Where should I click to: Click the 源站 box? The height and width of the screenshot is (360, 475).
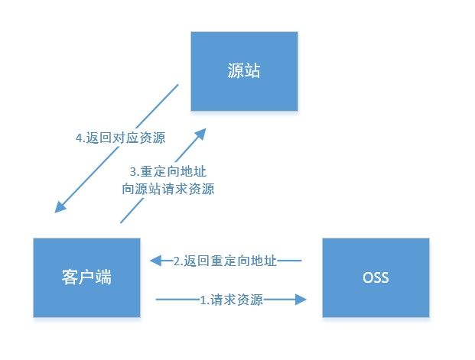click(244, 71)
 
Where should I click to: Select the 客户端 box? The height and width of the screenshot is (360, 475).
click(86, 277)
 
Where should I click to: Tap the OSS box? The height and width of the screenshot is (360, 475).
click(376, 277)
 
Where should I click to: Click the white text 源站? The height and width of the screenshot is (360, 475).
click(244, 70)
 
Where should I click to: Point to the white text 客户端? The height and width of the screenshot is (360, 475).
click(86, 277)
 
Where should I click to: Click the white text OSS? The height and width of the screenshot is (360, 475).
click(376, 277)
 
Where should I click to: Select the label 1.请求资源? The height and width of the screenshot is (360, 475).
click(232, 300)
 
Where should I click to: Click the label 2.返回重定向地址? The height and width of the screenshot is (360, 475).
click(225, 261)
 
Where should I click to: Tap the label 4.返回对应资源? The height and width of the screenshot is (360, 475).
click(121, 138)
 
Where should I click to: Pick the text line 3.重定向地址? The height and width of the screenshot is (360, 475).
click(168, 172)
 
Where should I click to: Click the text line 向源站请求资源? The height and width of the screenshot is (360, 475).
click(168, 189)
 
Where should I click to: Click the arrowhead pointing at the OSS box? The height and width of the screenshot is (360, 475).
click(301, 300)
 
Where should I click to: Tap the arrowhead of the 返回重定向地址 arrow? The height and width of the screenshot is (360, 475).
click(156, 261)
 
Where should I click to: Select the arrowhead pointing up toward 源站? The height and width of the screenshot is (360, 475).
click(200, 135)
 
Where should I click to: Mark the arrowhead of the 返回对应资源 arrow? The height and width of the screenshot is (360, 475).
click(60, 207)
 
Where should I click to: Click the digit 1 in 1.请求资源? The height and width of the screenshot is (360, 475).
click(203, 300)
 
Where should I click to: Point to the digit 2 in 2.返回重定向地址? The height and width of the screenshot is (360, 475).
click(177, 261)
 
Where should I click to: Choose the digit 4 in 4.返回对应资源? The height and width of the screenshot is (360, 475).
click(80, 138)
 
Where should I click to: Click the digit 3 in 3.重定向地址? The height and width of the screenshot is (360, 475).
click(133, 172)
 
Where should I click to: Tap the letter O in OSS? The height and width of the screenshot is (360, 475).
click(367, 277)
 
